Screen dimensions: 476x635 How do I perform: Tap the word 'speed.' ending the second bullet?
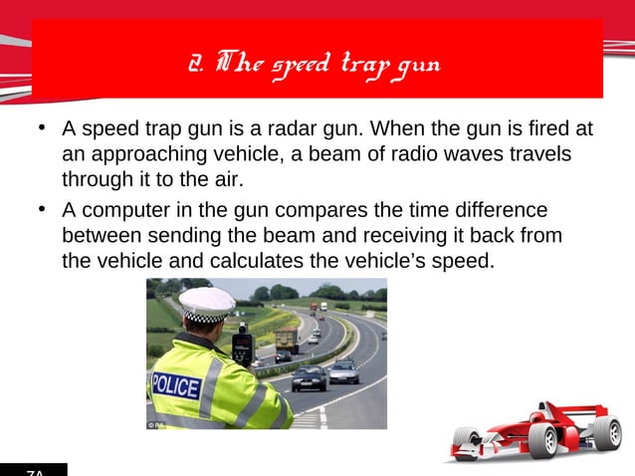(469, 262)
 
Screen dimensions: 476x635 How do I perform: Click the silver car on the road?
(343, 372)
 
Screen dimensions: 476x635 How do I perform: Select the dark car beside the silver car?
(309, 378)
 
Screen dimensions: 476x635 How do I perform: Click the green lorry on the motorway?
(286, 340)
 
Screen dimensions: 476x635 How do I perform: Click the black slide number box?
(34, 470)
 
